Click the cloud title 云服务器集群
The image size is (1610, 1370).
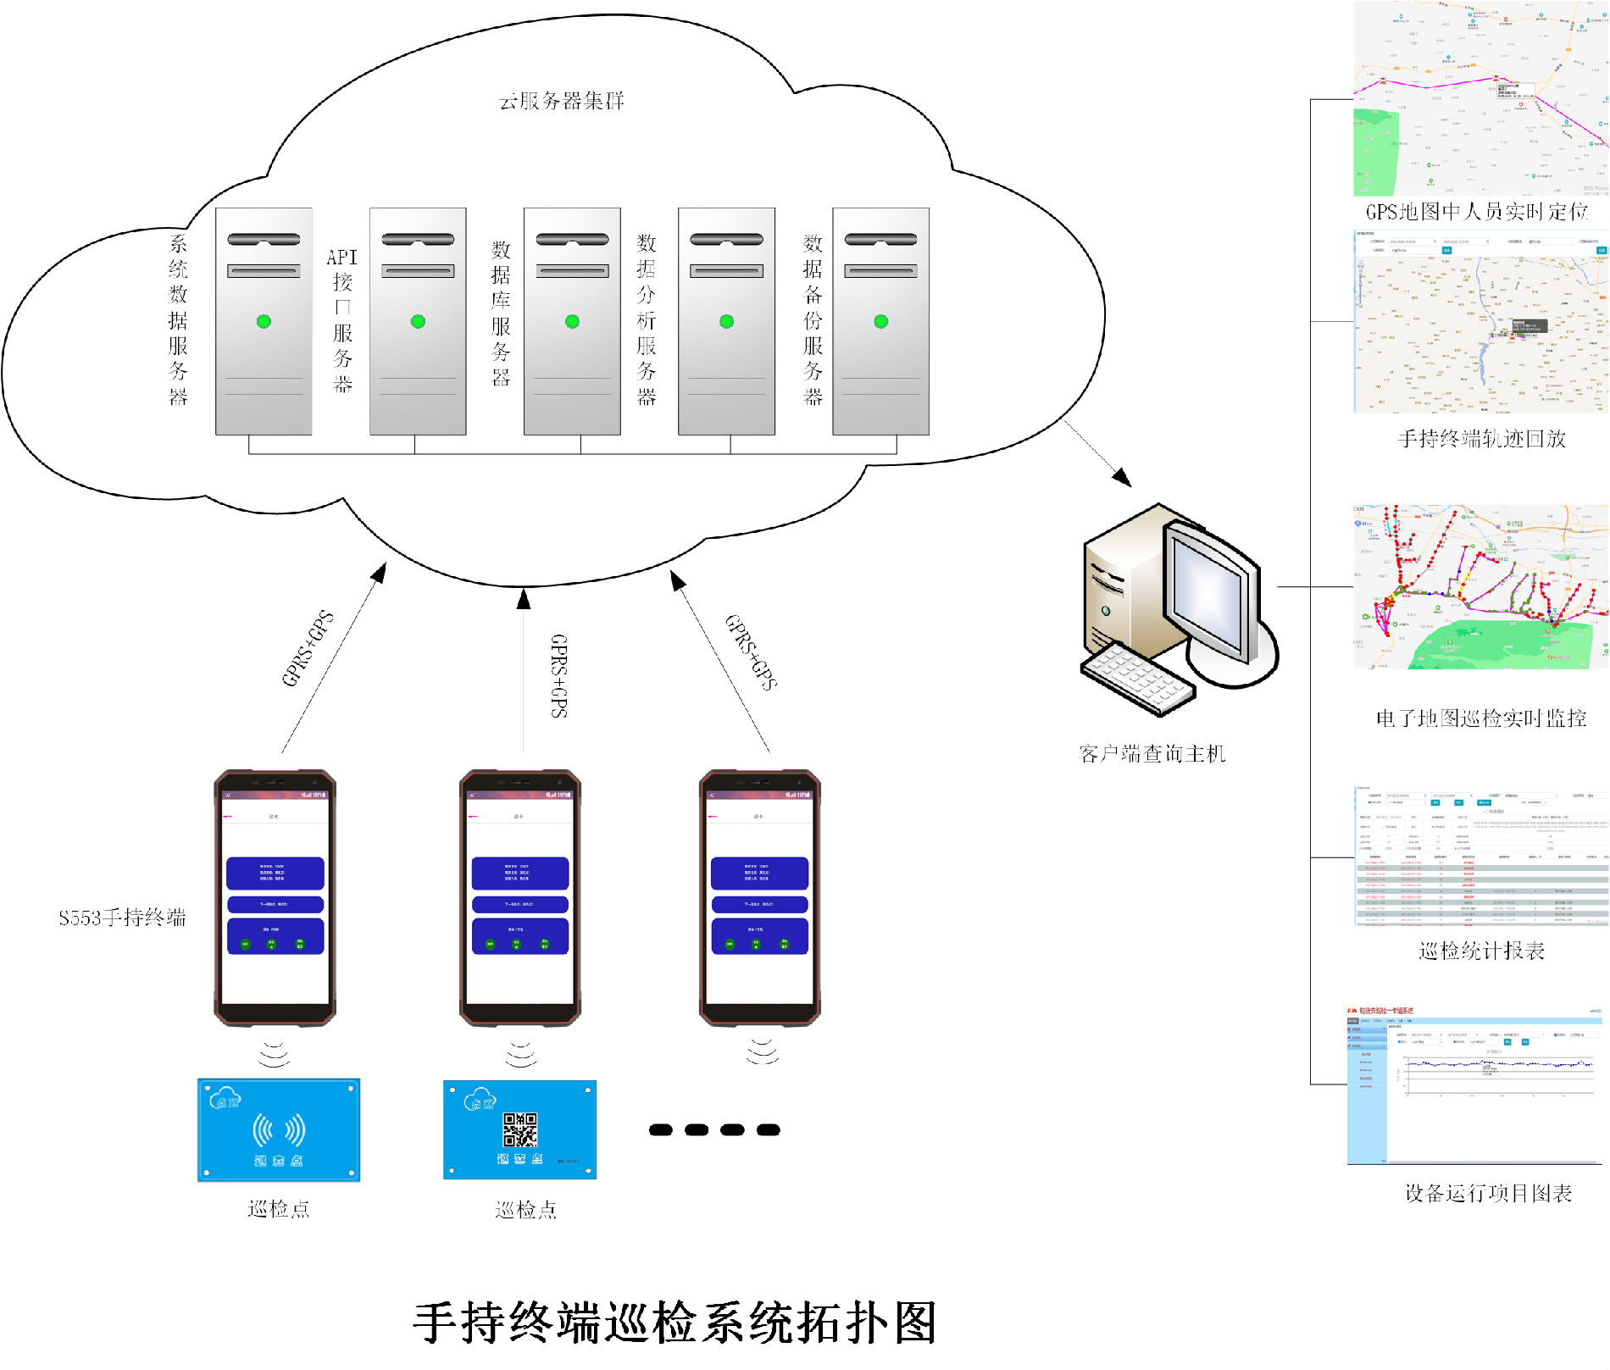pyautogui.click(x=561, y=102)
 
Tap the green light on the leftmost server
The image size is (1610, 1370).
pyautogui.click(x=264, y=321)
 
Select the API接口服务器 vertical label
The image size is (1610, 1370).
pyautogui.click(x=342, y=320)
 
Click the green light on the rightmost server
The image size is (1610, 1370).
pyautogui.click(x=880, y=321)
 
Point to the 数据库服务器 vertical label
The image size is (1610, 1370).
pyautogui.click(x=501, y=313)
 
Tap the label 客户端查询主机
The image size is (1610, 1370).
pyautogui.click(x=1152, y=753)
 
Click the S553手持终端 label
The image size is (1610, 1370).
pyautogui.click(x=122, y=918)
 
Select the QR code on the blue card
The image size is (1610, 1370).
pyautogui.click(x=519, y=1129)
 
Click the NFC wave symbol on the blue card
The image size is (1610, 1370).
pyautogui.click(x=279, y=1129)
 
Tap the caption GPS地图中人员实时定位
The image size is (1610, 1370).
pyautogui.click(x=1476, y=212)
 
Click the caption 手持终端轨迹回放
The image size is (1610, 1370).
pyautogui.click(x=1481, y=439)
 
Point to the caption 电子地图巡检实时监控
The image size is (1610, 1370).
pyautogui.click(x=1480, y=718)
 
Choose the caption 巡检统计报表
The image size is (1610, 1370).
pyautogui.click(x=1481, y=951)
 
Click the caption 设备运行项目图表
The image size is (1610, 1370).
pyautogui.click(x=1488, y=1193)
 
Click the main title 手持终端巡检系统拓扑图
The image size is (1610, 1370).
pyautogui.click(x=675, y=1323)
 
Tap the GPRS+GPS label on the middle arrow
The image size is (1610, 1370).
pyautogui.click(x=558, y=675)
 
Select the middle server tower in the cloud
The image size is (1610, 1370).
pyautogui.click(x=572, y=321)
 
